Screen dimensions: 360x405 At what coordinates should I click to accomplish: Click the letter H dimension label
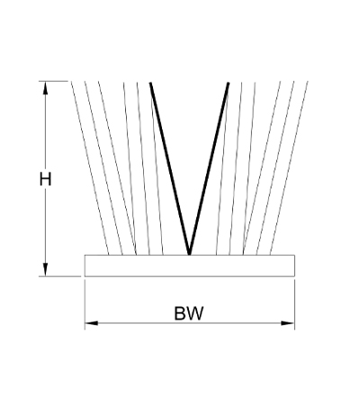pos(45,179)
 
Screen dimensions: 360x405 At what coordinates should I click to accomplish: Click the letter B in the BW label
pos(180,313)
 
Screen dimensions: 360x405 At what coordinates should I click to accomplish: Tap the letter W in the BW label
pos(195,313)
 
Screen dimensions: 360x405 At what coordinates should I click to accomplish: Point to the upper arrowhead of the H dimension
pos(45,88)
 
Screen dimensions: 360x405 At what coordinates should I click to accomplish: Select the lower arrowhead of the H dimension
pos(45,269)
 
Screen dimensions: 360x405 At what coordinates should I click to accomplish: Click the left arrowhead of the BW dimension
pos(92,323)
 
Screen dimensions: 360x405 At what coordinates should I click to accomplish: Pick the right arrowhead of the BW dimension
pos(288,323)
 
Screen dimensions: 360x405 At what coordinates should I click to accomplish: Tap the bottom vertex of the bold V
pos(189,255)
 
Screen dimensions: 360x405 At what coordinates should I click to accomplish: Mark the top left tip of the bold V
pos(150,83)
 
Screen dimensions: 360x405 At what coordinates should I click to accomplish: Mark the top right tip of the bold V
pos(229,83)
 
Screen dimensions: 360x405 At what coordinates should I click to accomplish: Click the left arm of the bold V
pos(170,168)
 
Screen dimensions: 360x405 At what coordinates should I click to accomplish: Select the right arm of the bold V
pos(209,168)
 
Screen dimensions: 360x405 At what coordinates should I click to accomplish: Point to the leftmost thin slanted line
pos(90,168)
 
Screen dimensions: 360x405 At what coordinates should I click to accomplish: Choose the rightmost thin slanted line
pos(289,168)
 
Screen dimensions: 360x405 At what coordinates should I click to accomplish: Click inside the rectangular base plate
pos(190,265)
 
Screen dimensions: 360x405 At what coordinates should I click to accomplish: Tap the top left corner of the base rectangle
pos(85,255)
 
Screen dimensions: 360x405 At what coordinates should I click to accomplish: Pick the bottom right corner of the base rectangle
pos(294,276)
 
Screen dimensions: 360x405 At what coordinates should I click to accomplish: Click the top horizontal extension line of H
pos(54,81)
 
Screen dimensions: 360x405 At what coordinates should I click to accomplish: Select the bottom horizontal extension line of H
pos(60,276)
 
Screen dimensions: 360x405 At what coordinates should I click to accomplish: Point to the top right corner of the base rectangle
pos(294,255)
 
